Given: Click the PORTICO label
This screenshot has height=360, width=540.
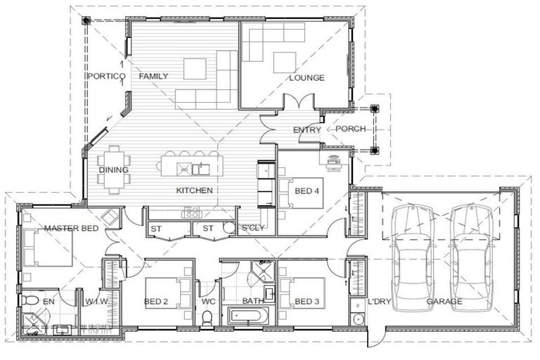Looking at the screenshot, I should pyautogui.click(x=105, y=76).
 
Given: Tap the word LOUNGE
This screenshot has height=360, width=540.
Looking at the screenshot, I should pyautogui.click(x=307, y=77).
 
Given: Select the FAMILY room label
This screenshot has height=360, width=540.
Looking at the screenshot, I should pyautogui.click(x=153, y=76).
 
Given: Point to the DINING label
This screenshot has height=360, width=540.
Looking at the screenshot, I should pyautogui.click(x=112, y=169).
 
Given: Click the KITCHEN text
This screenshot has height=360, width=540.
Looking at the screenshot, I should pyautogui.click(x=195, y=190).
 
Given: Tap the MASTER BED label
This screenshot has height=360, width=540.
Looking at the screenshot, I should pyautogui.click(x=70, y=229).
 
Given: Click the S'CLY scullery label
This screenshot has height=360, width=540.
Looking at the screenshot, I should pyautogui.click(x=254, y=229).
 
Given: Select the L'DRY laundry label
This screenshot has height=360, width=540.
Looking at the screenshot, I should pyautogui.click(x=378, y=302).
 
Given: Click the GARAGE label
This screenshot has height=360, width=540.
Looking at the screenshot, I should pyautogui.click(x=444, y=302).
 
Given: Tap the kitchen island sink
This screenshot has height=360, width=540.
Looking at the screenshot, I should pyautogui.click(x=198, y=168).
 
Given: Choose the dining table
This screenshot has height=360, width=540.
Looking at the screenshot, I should pyautogui.click(x=113, y=169).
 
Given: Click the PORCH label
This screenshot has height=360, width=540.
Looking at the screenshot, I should pyautogui.click(x=349, y=129).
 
